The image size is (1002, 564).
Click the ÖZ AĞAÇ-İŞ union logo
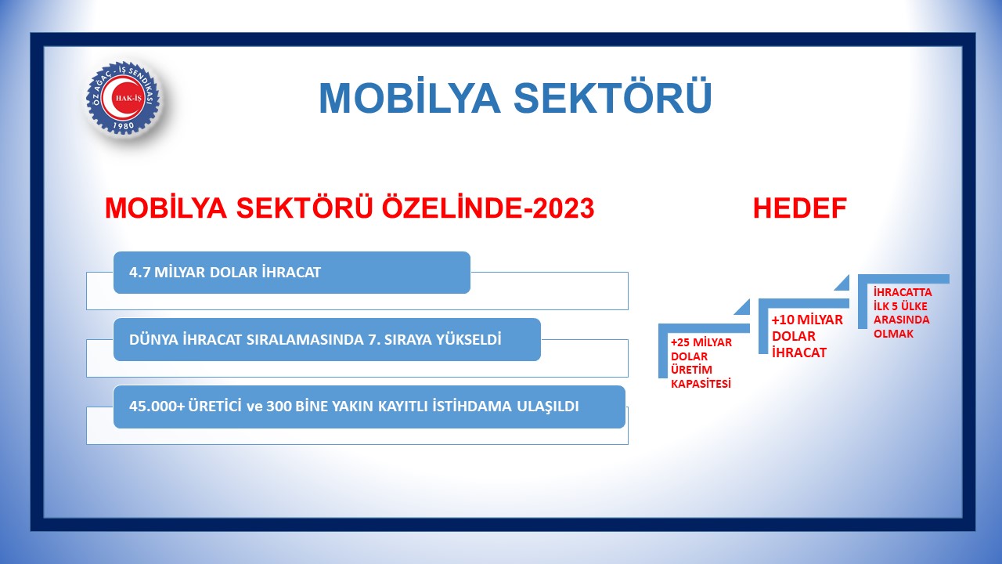[123, 98]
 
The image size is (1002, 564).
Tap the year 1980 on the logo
[124, 126]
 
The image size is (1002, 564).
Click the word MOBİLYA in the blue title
[409, 98]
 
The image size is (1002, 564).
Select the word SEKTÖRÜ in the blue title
[612, 98]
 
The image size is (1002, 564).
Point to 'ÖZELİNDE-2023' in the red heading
[488, 208]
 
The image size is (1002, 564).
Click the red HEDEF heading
[800, 208]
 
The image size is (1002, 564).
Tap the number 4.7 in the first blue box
[139, 272]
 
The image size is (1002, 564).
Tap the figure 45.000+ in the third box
[157, 406]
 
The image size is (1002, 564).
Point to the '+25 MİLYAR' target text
[701, 342]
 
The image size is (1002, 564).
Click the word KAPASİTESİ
[701, 384]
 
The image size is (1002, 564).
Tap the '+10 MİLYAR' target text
[807, 320]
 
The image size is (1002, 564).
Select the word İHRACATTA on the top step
[903, 292]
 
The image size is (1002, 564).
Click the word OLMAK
[893, 334]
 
